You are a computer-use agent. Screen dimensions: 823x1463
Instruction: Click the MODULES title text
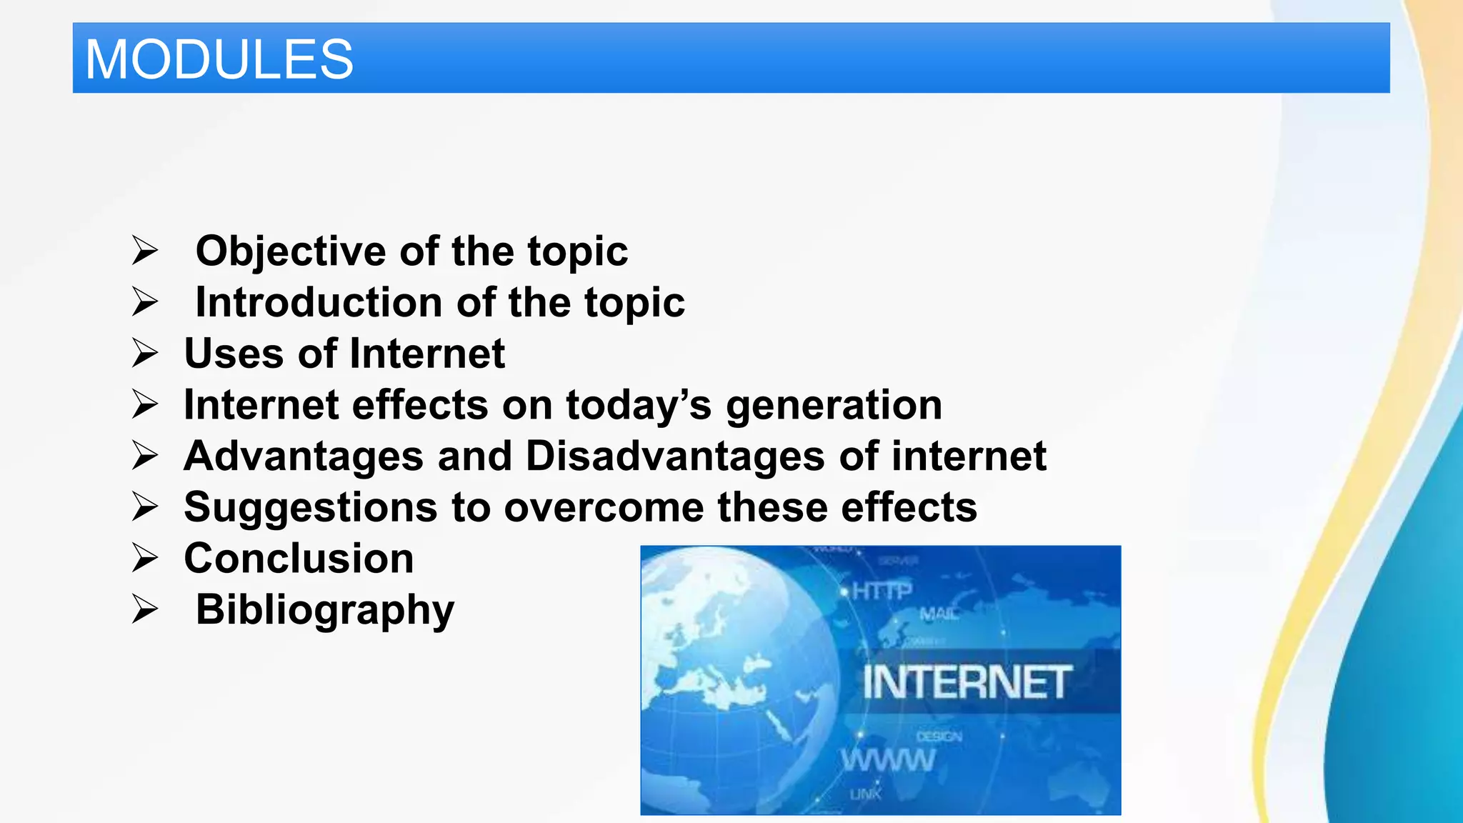pos(219,59)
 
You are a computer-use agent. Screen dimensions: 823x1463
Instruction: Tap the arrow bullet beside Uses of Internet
pos(144,354)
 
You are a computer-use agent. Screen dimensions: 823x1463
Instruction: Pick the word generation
pos(834,405)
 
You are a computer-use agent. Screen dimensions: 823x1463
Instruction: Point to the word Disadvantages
pos(675,457)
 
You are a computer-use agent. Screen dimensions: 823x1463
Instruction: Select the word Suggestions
pos(310,508)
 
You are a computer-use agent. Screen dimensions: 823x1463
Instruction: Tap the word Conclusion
pos(299,559)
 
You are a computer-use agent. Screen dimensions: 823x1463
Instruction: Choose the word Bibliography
pos(325,610)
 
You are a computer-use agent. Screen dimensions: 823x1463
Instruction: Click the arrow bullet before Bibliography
pos(144,609)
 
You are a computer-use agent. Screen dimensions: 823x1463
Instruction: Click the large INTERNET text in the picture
pos(967,682)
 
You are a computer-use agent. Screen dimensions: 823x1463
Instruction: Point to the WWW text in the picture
pos(888,760)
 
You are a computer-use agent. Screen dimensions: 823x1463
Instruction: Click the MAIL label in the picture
pos(938,614)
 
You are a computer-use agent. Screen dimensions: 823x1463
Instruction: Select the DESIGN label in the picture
pos(939,737)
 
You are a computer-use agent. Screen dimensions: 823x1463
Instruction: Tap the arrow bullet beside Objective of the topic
pos(144,251)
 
